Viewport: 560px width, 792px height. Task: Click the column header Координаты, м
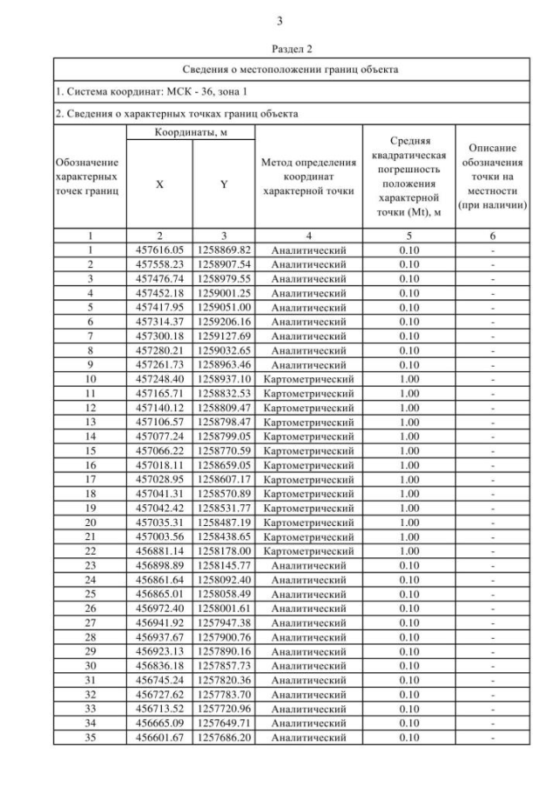192,131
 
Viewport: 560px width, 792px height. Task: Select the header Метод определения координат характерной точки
308,177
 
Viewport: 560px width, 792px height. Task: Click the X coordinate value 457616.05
159,250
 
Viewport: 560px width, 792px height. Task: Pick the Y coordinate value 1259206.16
223,321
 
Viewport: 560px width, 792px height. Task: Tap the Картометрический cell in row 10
308,378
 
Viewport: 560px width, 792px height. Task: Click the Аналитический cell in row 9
308,364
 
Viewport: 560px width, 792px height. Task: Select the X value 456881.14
159,551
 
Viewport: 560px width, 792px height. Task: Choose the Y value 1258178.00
223,551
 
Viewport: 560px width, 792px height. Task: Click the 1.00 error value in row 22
409,551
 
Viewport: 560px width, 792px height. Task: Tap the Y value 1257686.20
223,739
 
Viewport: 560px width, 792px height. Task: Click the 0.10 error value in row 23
409,565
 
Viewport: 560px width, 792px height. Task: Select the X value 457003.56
159,536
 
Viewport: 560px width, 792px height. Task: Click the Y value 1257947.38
223,623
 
